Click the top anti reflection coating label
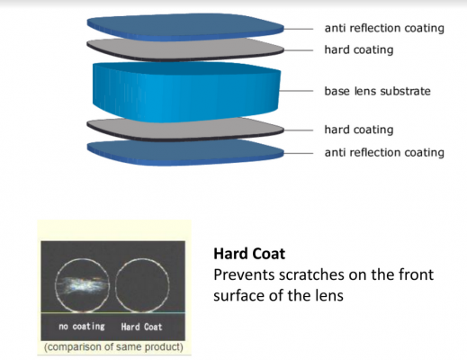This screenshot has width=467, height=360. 384,28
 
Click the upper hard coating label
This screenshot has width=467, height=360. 358,49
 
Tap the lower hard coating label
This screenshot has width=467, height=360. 358,130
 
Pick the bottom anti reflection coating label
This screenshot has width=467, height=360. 384,152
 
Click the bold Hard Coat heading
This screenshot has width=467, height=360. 247,254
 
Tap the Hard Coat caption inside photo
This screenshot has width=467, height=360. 141,326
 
